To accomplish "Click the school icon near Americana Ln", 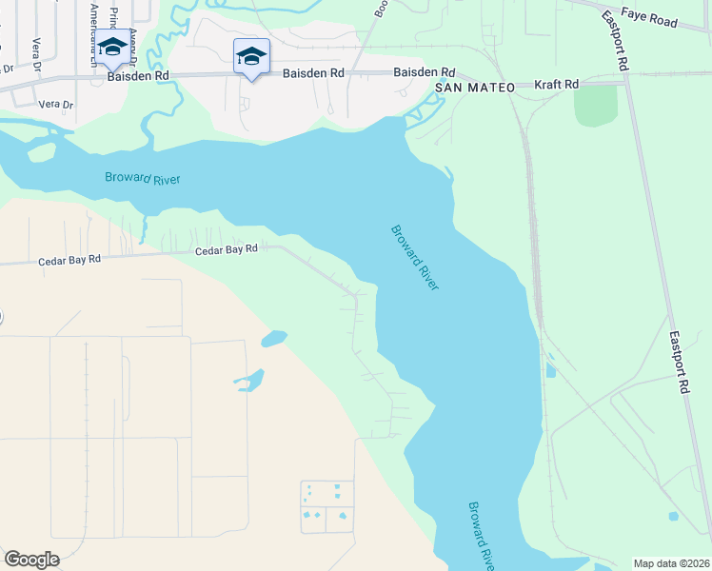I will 112,48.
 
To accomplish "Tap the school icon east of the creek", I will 251,57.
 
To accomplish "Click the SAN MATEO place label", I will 475,88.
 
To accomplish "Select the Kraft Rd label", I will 557,85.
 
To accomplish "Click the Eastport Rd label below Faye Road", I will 615,42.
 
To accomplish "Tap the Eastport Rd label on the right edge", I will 678,362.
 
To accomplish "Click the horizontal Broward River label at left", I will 142,179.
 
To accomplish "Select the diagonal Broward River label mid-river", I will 415,257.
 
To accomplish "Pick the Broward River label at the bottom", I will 481,536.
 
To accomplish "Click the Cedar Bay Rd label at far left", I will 68,261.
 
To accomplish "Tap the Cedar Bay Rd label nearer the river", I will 227,249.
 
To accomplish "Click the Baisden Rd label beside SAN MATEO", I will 425,72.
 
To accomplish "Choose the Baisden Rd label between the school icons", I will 314,72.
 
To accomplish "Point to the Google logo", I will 31,560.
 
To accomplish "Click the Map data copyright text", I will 671,563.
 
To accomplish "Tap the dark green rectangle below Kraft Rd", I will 596,105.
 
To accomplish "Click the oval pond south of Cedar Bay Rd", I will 273,338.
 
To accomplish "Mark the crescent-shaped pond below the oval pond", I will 249,381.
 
